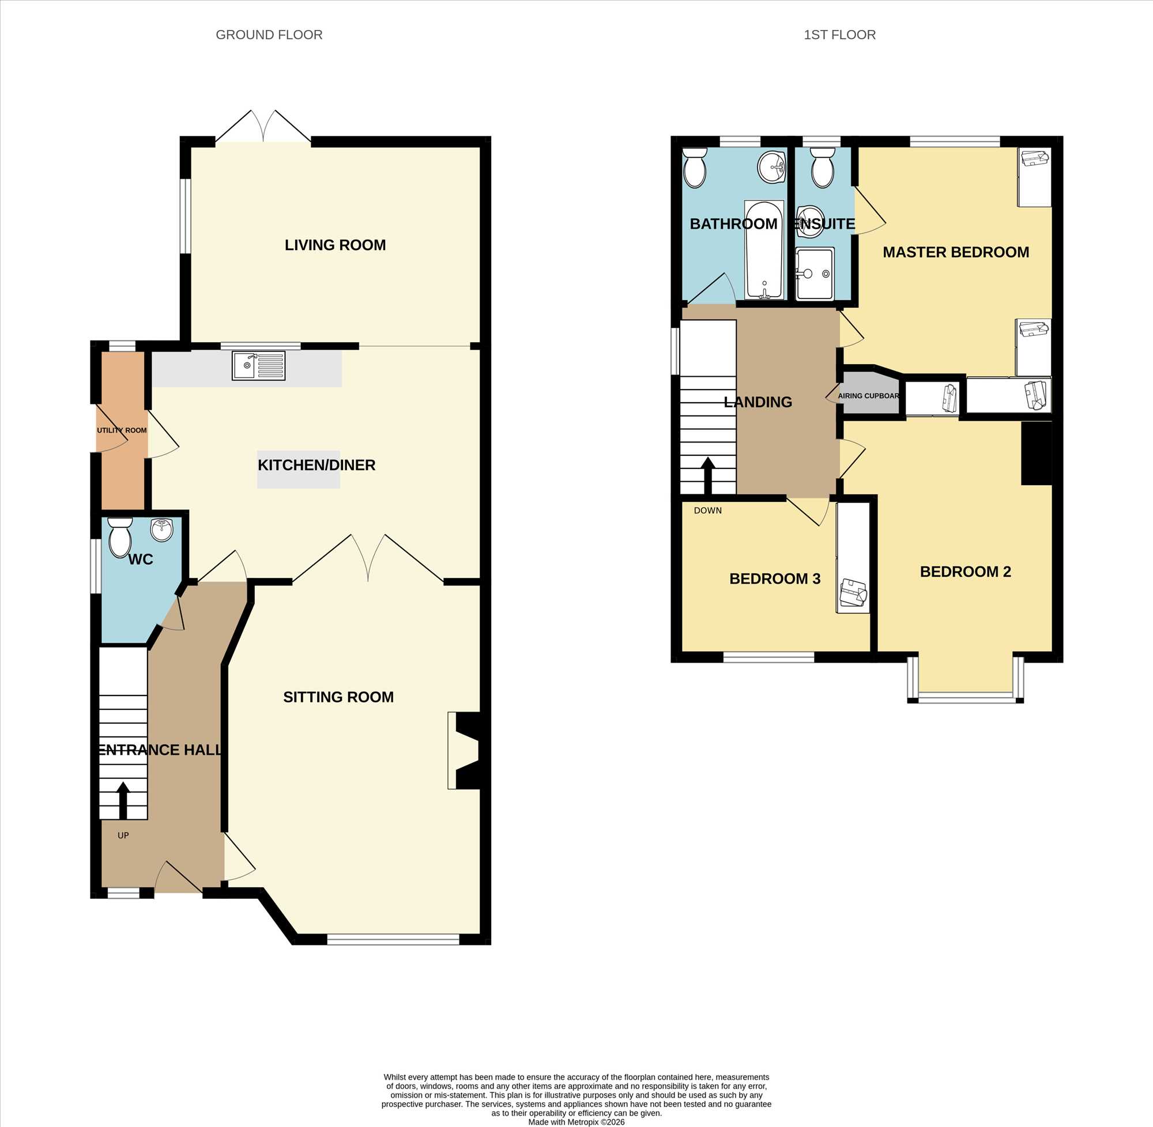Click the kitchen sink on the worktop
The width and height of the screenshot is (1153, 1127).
(258, 365)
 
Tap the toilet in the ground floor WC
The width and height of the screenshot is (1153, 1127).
(120, 537)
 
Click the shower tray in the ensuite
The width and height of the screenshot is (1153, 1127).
(815, 274)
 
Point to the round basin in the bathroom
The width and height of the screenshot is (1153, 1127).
(771, 167)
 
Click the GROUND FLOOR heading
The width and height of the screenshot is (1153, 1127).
(269, 35)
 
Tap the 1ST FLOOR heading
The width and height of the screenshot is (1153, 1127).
(840, 35)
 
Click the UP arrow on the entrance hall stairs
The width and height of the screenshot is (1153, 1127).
(123, 800)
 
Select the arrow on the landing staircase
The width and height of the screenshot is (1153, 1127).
(709, 475)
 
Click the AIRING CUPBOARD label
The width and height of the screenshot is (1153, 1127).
(869, 396)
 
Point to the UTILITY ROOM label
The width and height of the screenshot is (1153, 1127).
(122, 430)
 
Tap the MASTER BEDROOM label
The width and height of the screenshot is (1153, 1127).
(956, 252)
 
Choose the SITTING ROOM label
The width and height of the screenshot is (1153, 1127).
(338, 697)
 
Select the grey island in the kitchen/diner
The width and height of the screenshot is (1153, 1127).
(299, 470)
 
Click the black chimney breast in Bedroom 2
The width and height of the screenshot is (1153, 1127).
(1037, 453)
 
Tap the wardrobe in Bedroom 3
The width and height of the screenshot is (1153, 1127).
(853, 558)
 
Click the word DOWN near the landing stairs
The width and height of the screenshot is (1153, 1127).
(708, 510)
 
